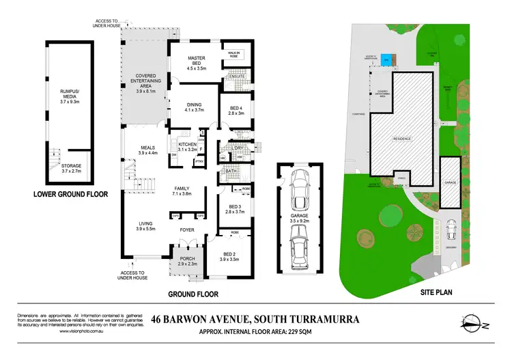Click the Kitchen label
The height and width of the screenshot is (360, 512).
click(187, 148)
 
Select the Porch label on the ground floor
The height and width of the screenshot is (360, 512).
click(187, 260)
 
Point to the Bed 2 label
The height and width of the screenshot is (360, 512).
click(229, 257)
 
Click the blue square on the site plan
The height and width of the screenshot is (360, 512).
click(387, 58)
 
